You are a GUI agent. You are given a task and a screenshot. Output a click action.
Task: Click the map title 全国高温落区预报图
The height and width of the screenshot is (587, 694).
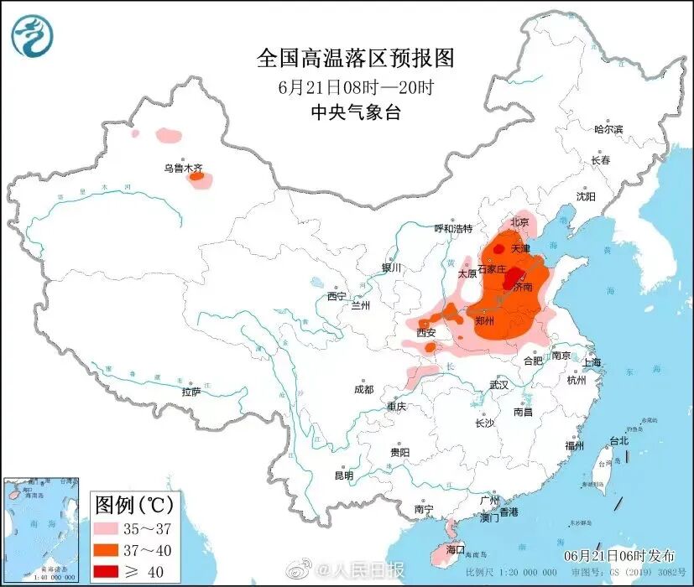(355, 58)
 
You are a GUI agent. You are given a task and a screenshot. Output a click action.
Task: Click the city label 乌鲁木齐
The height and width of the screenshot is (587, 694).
(183, 168)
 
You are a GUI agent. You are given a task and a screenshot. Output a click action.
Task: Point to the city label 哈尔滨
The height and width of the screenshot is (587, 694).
(608, 129)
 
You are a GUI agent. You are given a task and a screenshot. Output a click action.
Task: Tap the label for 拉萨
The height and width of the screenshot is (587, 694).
(191, 392)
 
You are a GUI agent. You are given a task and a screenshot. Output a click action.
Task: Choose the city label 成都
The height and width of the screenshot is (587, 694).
(363, 389)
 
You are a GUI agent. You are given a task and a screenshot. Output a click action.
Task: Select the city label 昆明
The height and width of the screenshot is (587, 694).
(344, 475)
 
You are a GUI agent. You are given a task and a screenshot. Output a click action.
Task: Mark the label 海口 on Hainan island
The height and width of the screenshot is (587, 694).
(457, 549)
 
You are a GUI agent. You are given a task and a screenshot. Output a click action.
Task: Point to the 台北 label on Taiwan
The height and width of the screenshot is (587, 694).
(619, 441)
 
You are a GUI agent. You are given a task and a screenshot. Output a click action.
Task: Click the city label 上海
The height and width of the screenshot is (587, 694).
(592, 362)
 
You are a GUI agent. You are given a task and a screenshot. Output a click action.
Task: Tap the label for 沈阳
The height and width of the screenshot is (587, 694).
(585, 196)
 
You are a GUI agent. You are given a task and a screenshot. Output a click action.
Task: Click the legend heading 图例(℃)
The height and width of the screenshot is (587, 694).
(134, 504)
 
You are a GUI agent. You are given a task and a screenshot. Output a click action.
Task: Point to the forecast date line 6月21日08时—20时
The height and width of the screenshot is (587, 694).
(355, 86)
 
